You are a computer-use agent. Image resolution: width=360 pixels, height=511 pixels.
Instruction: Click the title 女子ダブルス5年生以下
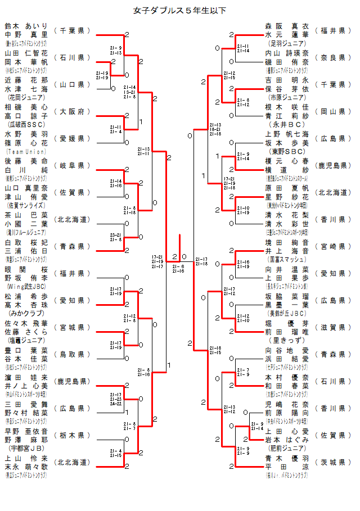pyautogui.click(x=179, y=10)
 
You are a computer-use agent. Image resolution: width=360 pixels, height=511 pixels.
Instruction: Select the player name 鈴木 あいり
pyautogui.click(x=26, y=26)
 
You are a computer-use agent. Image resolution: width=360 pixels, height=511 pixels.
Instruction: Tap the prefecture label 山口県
pyautogui.click(x=72, y=84)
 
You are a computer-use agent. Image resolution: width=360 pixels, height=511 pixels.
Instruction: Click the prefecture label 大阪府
pyautogui.click(x=72, y=111)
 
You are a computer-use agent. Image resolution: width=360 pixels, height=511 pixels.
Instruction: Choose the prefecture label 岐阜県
pyautogui.click(x=72, y=165)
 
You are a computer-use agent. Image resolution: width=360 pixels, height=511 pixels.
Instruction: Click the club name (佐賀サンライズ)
pyautogui.click(x=27, y=205)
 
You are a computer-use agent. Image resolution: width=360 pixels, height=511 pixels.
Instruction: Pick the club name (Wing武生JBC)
pyautogui.click(x=26, y=286)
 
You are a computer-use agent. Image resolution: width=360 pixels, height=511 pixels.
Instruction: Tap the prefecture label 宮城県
pyautogui.click(x=72, y=327)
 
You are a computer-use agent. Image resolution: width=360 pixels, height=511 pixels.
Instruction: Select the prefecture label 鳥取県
pyautogui.click(x=72, y=354)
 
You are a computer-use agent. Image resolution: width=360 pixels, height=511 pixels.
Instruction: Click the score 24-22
pyautogui.click(x=116, y=403)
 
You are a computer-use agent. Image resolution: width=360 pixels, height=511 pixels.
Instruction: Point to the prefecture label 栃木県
pyautogui.click(x=72, y=435)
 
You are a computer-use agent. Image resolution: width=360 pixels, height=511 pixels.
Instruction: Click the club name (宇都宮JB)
pyautogui.click(x=26, y=448)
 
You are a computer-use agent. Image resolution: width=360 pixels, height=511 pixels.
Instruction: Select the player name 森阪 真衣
pyautogui.click(x=287, y=26)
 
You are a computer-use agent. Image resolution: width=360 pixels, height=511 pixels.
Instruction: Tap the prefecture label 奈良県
pyautogui.click(x=332, y=57)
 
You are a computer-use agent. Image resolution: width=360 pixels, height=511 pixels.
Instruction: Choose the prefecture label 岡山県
pyautogui.click(x=332, y=111)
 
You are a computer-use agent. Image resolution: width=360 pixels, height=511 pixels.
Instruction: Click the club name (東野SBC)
pyautogui.click(x=287, y=151)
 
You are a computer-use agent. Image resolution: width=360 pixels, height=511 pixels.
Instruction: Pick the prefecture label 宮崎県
pyautogui.click(x=332, y=246)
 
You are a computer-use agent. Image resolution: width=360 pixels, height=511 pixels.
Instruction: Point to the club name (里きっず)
pyautogui.click(x=287, y=340)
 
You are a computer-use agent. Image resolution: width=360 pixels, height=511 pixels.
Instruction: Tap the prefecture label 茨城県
pyautogui.click(x=332, y=462)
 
